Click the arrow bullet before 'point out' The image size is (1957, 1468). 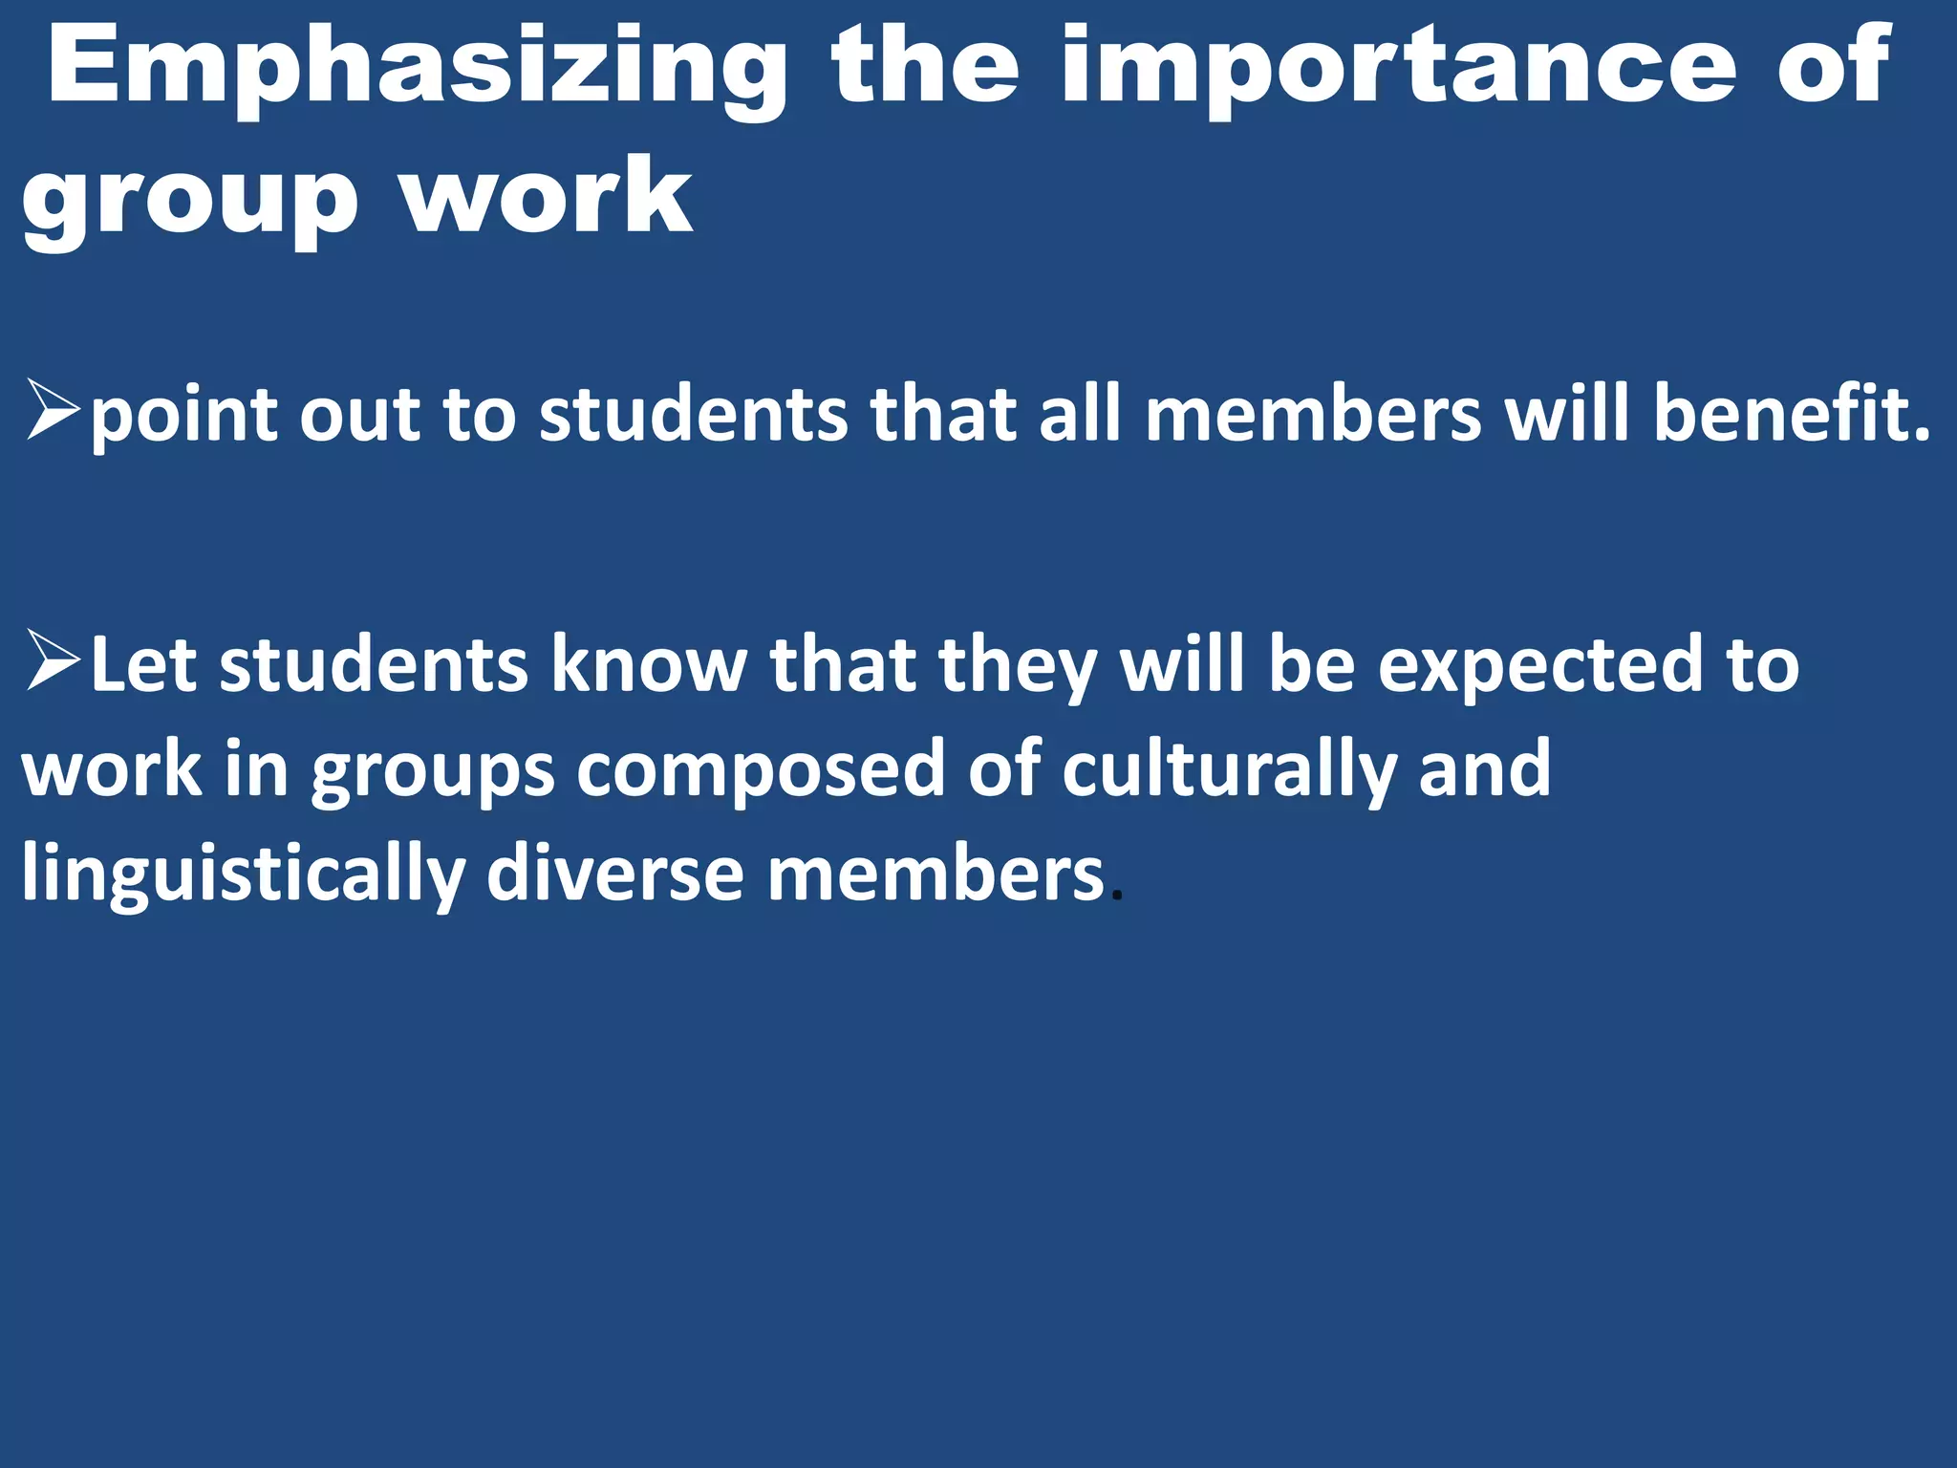52,410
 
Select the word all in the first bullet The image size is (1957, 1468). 1083,413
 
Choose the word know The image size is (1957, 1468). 649,664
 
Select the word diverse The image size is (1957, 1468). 614,874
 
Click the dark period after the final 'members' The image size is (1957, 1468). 1118,897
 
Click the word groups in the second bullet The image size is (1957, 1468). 433,772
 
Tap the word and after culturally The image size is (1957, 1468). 1484,768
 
